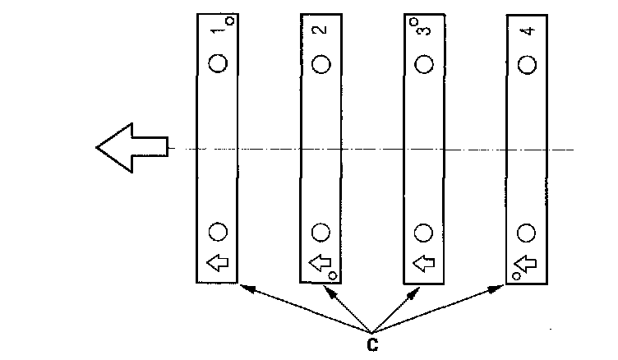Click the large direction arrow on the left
[131, 148]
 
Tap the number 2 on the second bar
[320, 30]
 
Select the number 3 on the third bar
[423, 30]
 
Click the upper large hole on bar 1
[218, 63]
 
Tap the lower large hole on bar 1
[218, 232]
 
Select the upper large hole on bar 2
[321, 63]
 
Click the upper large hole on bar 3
[424, 63]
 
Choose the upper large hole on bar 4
[528, 63]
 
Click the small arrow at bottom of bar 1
[217, 263]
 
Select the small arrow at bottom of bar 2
[320, 263]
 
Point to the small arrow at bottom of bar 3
[423, 263]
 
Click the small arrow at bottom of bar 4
[526, 263]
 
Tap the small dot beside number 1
[229, 21]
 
